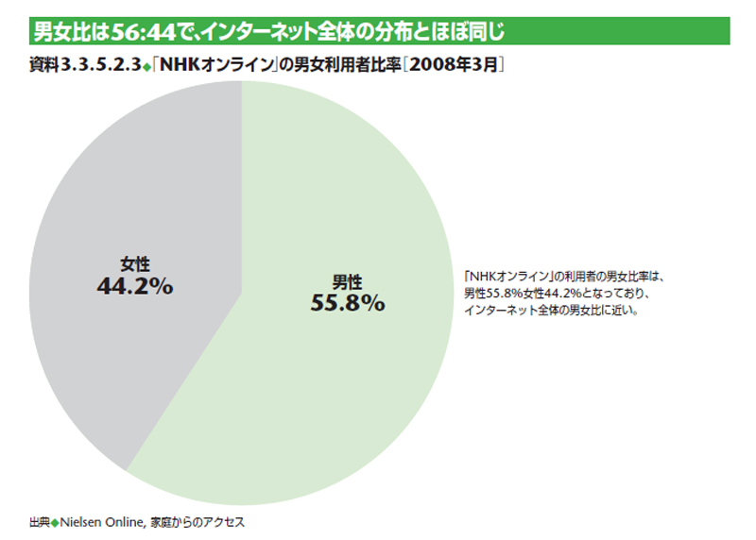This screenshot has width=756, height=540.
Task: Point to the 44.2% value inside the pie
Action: pos(135,286)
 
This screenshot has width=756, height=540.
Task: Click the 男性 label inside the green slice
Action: pos(348,280)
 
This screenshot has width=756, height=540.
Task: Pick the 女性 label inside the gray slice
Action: pos(135,264)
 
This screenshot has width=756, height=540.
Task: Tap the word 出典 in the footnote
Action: pos(39,521)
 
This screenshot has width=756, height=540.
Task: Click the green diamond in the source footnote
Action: pos(55,521)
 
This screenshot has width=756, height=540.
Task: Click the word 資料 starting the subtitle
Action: pos(44,67)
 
